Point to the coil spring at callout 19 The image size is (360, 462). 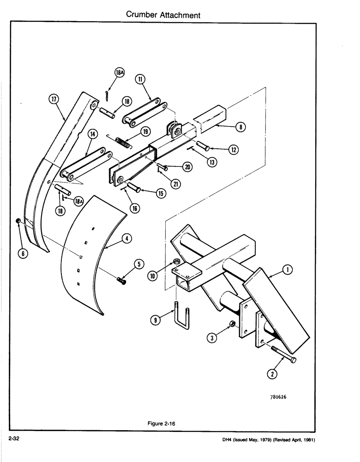123,140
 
